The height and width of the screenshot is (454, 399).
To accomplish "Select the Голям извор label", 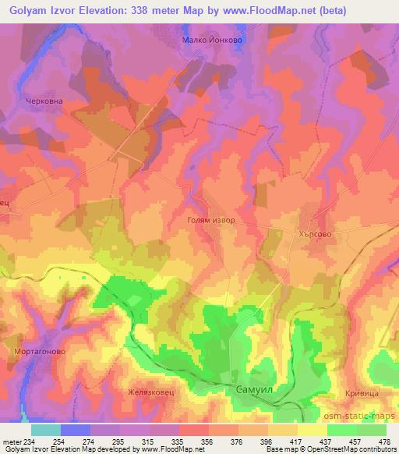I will click(x=211, y=221).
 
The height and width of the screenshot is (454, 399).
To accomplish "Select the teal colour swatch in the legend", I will click(x=46, y=430).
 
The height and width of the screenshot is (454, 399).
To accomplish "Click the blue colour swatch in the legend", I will click(x=74, y=430).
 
